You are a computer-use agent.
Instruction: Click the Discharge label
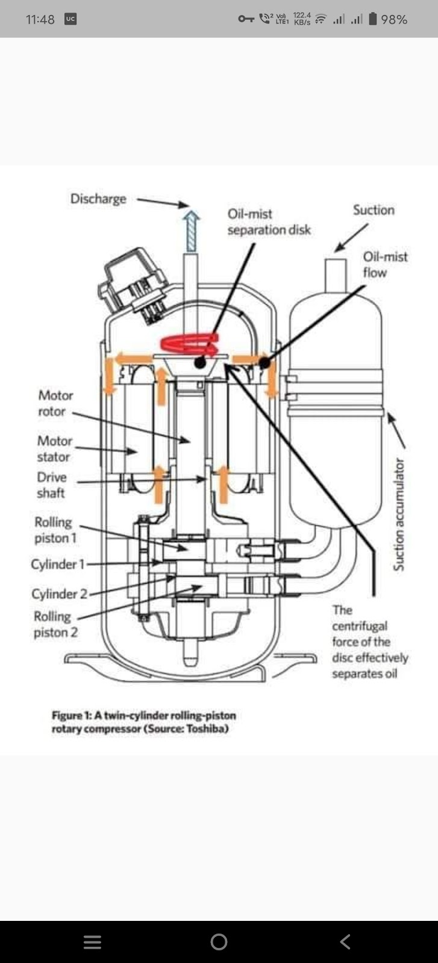(x=98, y=199)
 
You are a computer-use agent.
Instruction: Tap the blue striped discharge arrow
(x=191, y=231)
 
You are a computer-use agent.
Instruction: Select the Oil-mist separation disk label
(x=269, y=222)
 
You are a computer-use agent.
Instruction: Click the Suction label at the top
(x=374, y=210)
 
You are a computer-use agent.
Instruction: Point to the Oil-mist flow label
(x=385, y=264)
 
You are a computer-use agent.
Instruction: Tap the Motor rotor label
(x=55, y=403)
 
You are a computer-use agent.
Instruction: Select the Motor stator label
(x=55, y=449)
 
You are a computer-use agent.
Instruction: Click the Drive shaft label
(x=52, y=485)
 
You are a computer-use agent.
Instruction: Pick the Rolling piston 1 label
(x=55, y=530)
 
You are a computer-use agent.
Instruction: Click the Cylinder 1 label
(x=58, y=564)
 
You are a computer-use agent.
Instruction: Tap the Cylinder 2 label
(x=60, y=593)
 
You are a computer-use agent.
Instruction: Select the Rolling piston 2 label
(x=55, y=624)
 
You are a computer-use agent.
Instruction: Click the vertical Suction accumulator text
(x=399, y=514)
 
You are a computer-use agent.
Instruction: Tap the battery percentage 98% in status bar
(x=394, y=19)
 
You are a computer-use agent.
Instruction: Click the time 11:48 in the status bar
(x=40, y=19)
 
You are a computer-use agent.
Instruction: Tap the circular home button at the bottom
(x=219, y=941)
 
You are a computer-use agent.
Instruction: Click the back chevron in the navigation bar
(x=345, y=941)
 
